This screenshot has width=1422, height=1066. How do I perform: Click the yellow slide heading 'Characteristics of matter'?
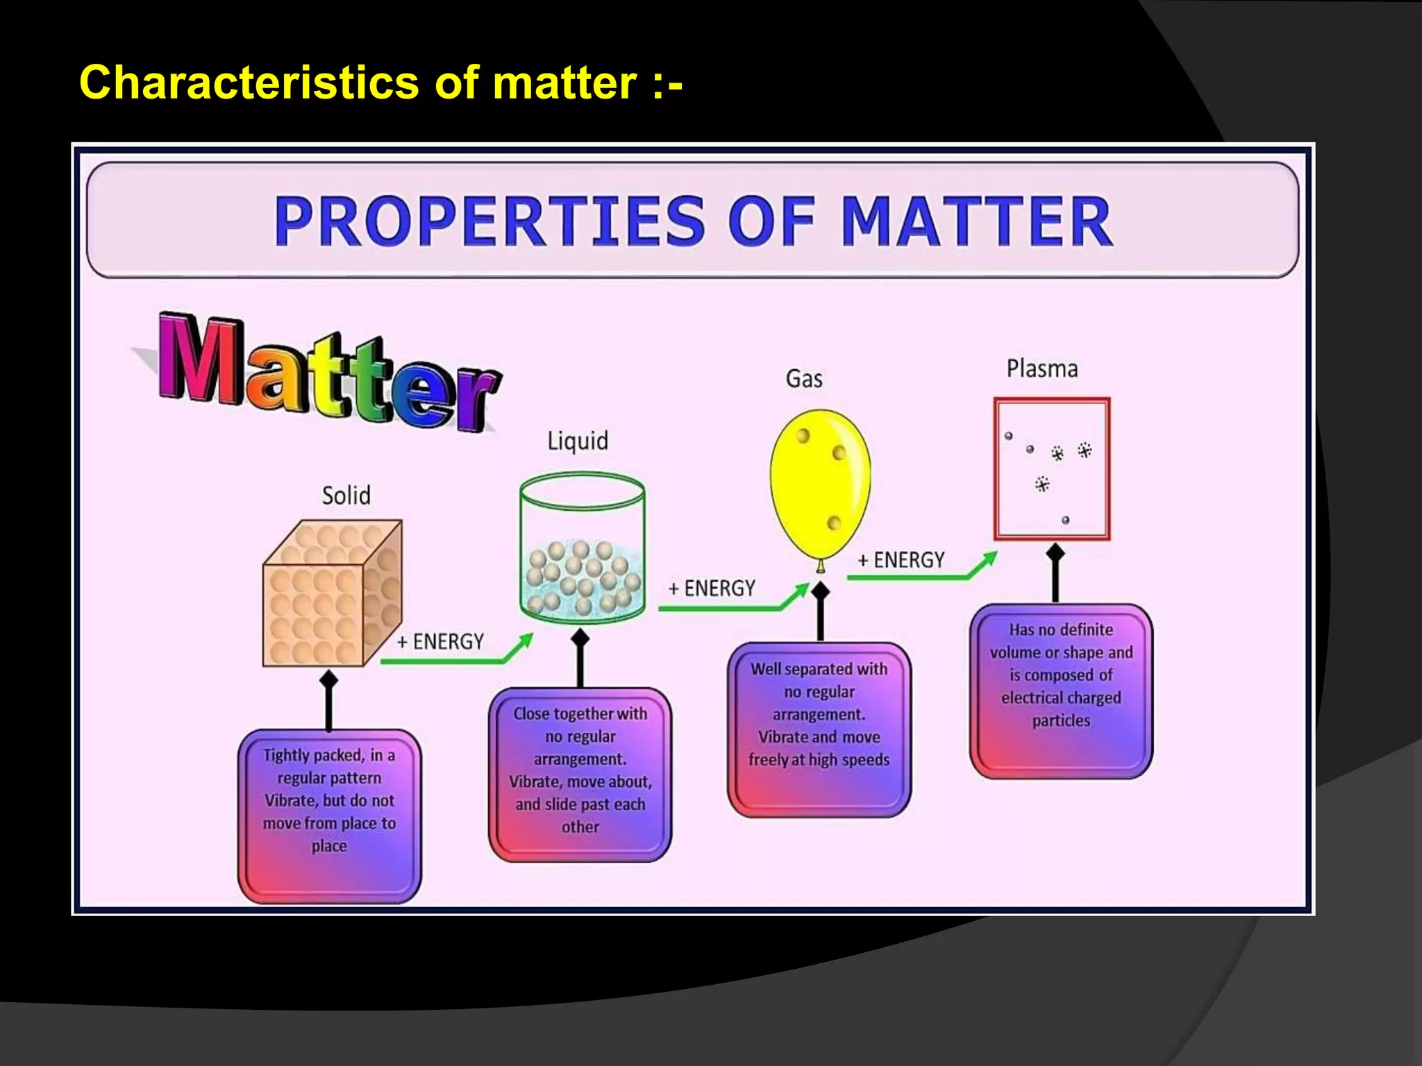tap(380, 83)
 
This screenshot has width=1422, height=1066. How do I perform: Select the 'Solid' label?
tap(346, 496)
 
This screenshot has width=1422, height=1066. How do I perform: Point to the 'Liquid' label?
tap(577, 441)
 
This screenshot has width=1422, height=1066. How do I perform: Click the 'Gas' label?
tap(804, 379)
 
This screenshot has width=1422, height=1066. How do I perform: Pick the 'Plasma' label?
tap(1042, 369)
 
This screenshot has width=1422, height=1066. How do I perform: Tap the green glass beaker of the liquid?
tap(582, 545)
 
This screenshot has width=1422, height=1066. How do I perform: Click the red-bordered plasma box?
tap(1051, 468)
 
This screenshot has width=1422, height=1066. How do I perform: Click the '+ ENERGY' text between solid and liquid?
tap(440, 642)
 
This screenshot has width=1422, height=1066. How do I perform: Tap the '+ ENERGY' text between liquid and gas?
tap(712, 589)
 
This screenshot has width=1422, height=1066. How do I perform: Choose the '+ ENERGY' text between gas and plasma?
tap(901, 560)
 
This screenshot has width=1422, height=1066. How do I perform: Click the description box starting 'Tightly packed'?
tap(329, 815)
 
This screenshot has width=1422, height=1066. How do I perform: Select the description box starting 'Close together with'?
tap(580, 774)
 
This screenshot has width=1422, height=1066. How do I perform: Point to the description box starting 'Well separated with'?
tap(819, 729)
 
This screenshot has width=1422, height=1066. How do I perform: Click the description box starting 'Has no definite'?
tap(1060, 691)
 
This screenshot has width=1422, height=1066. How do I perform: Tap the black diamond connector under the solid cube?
tap(328, 680)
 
